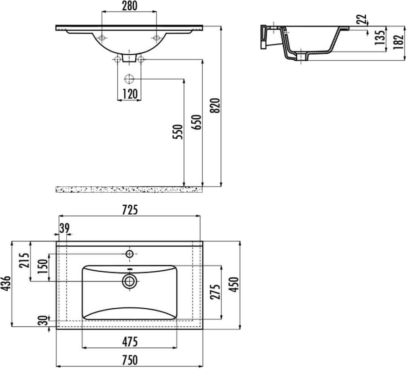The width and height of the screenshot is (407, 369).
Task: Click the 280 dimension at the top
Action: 130,6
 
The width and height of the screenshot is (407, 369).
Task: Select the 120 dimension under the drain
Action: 130,94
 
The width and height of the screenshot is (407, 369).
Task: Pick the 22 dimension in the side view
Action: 363,19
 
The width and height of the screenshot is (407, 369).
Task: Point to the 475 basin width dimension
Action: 130,342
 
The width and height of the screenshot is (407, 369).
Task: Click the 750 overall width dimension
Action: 130,360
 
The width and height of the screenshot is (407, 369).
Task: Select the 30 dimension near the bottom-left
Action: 43,320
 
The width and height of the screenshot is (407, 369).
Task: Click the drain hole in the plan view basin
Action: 129,280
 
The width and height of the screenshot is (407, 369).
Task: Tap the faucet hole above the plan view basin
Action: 130,254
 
